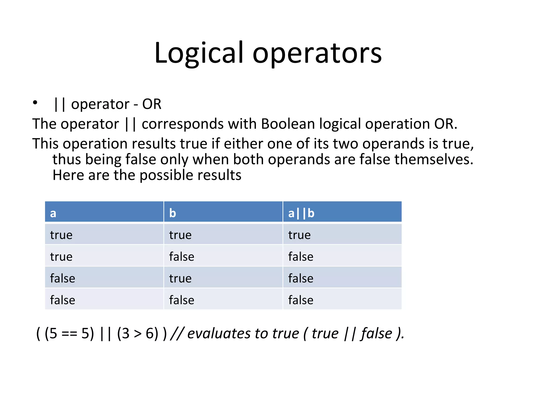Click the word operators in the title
coord(317,54)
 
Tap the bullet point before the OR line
coord(35,102)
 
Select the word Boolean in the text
coord(288,124)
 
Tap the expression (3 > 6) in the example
coord(138,334)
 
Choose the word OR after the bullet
coord(152,104)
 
